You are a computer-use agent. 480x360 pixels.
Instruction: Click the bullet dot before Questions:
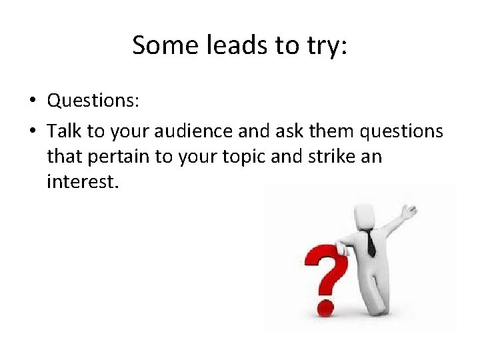[x=32, y=101]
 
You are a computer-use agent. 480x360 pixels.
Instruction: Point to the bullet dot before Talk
[x=32, y=132]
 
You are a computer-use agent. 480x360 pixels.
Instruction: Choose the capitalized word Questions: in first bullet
[x=93, y=101]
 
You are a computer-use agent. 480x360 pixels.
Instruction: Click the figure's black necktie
[x=370, y=243]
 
